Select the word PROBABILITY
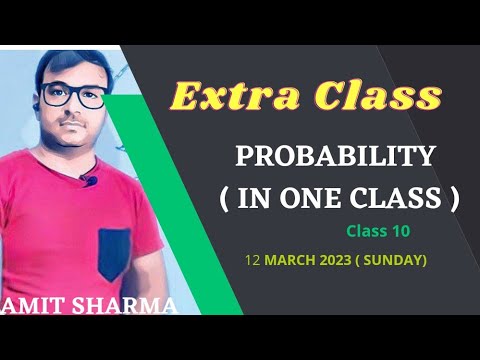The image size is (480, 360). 335,157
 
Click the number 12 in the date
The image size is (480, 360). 251,260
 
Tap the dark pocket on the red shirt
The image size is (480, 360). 114,255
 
